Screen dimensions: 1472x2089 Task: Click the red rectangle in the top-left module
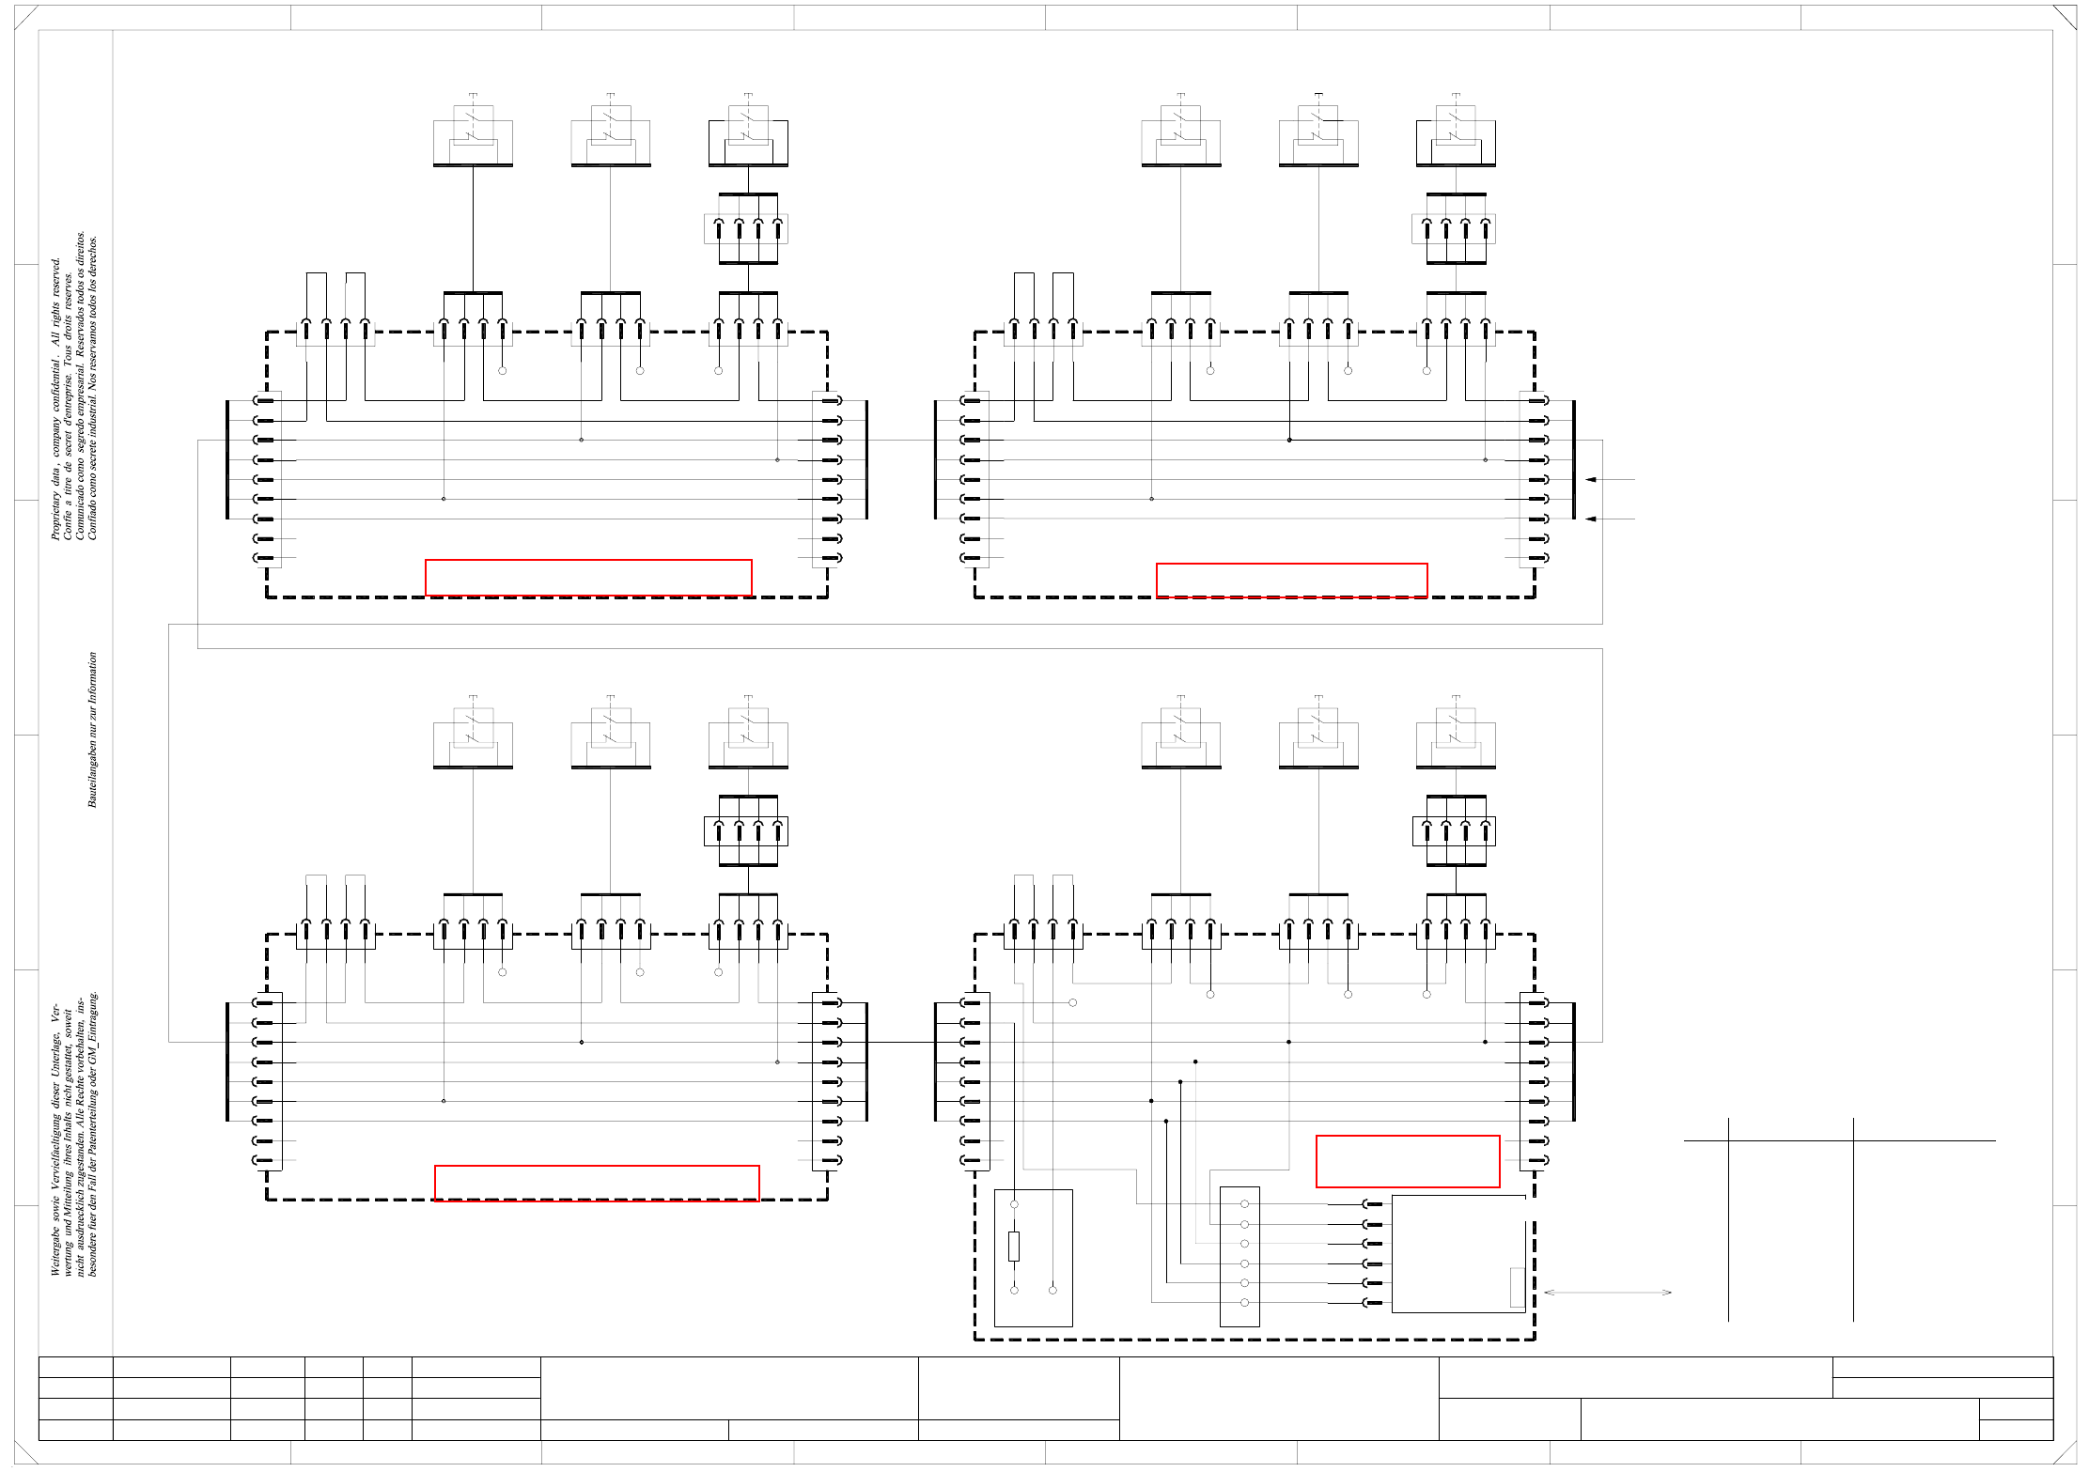[588, 578]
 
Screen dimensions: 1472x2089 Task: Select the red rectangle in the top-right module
[1291, 581]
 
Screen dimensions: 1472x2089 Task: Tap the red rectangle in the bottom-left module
[597, 1183]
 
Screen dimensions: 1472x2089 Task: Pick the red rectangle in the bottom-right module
[1408, 1161]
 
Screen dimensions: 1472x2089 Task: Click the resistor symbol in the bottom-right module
[1014, 1247]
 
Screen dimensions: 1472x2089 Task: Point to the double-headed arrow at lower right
[1607, 1293]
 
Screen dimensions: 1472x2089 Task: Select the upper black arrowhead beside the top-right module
[1591, 480]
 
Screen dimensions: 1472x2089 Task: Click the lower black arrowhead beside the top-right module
[1591, 519]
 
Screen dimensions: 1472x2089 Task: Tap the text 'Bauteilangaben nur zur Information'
[92, 730]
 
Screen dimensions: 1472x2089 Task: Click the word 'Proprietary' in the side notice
[55, 513]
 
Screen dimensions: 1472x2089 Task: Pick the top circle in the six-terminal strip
[1244, 1204]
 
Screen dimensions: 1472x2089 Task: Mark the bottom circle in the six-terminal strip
[1244, 1303]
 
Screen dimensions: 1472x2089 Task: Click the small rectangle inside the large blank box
[1517, 1287]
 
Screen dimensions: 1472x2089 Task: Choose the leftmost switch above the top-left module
[473, 132]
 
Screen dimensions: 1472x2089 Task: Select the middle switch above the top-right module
[1318, 132]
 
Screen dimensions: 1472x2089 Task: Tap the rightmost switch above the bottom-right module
[1456, 734]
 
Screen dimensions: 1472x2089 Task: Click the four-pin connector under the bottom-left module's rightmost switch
[746, 831]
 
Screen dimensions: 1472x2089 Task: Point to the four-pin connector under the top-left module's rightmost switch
[746, 229]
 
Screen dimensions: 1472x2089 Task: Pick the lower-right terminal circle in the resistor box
[1052, 1290]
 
